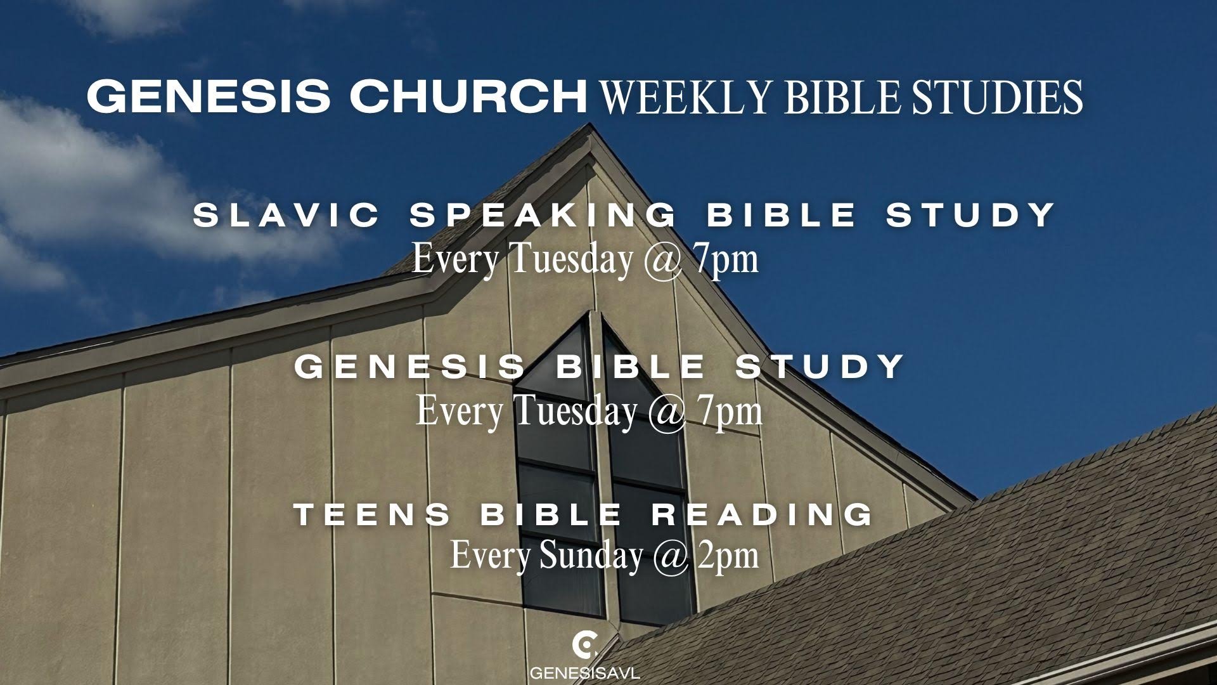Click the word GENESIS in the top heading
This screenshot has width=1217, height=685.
[x=209, y=96]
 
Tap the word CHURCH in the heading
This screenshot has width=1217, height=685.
[x=469, y=96]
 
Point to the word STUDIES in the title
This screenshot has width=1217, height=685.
[x=996, y=96]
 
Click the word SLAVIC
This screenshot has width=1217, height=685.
[x=287, y=215]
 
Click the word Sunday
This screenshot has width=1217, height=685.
[x=590, y=556]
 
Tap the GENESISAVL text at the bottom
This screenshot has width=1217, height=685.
[x=585, y=672]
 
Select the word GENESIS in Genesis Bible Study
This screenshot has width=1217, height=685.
[x=411, y=367]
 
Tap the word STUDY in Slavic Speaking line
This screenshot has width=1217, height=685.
[x=970, y=215]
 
